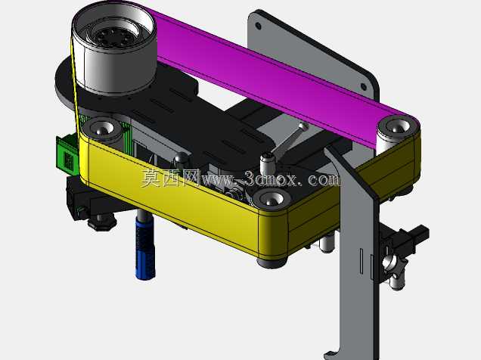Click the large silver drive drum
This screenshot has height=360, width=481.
tap(114, 49)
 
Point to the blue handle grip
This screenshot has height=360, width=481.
tap(145, 248)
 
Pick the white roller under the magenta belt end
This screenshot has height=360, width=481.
tap(396, 135)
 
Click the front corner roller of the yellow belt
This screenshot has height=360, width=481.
tap(272, 200)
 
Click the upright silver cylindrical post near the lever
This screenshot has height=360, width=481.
tap(266, 165)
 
